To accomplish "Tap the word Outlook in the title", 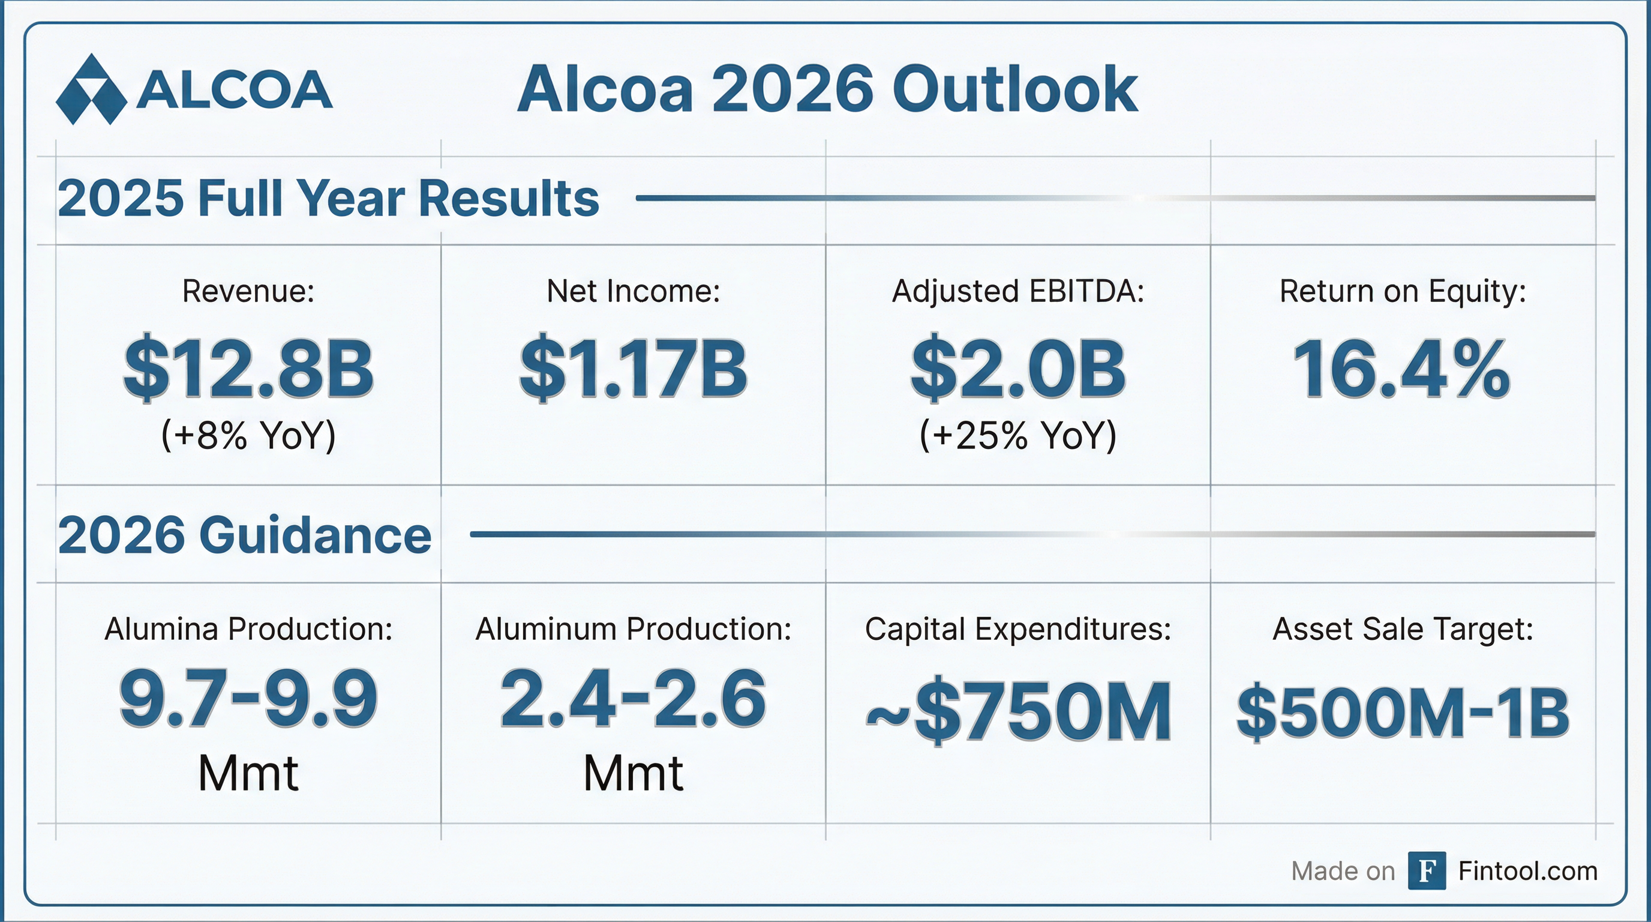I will coord(1014,90).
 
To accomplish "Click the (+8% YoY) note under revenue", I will coord(249,436).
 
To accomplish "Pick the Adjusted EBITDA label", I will coord(1017,292).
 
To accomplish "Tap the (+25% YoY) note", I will coord(1017,436).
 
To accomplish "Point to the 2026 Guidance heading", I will coord(245,535).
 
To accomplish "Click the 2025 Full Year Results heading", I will coord(328,198).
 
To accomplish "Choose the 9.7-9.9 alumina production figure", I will coord(249,699).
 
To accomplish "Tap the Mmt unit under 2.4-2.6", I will coord(634,774).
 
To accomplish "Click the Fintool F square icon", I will coord(1427,871).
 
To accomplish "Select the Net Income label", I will coord(634,292).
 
